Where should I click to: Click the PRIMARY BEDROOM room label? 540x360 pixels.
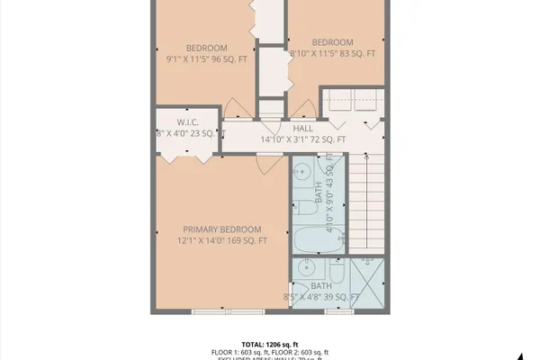coord(222,229)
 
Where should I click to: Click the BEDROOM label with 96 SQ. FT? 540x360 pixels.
coord(206,49)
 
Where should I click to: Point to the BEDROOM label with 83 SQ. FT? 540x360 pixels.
coord(332,42)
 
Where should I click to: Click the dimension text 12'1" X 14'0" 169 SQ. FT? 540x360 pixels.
coord(222,241)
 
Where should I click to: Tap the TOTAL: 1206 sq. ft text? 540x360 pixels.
coord(270,343)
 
